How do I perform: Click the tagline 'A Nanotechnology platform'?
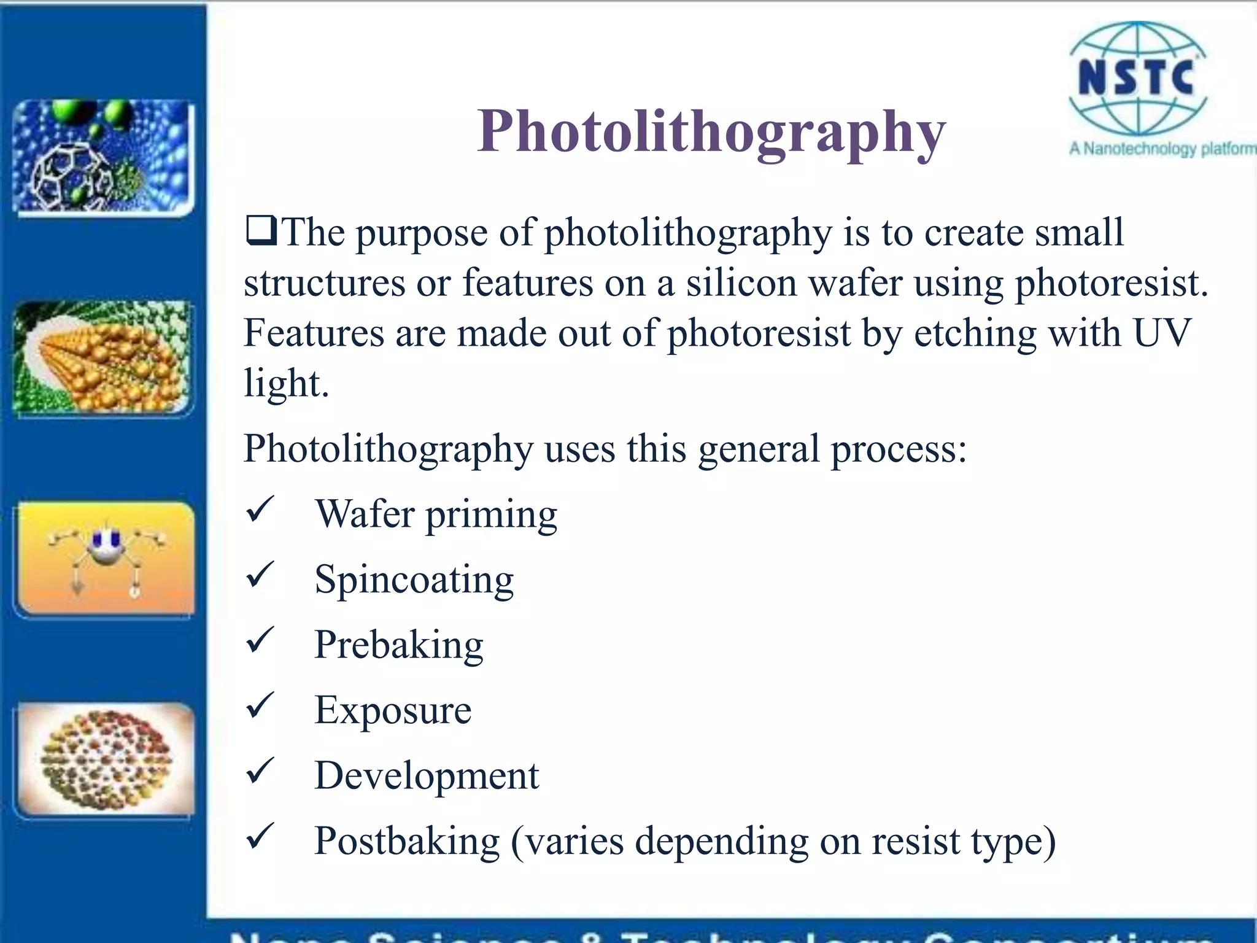1162,149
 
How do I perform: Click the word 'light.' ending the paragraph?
287,384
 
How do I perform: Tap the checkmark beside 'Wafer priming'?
260,510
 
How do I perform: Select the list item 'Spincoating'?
414,579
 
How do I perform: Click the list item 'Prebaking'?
399,645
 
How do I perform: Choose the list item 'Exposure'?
393,710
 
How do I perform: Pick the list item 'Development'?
427,775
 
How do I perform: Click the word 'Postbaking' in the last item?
407,840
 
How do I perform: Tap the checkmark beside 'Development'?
260,772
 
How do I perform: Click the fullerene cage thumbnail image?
103,157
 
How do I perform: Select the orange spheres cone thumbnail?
103,358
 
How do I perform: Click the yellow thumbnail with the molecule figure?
106,559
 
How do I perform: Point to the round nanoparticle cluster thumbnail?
106,759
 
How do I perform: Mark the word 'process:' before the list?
899,449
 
